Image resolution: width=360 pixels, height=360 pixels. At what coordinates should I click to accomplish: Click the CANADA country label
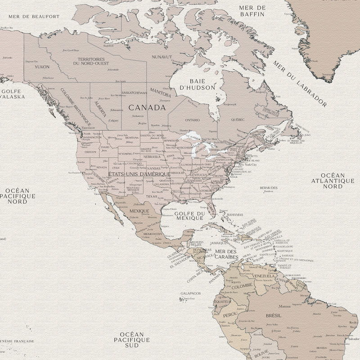click(147, 108)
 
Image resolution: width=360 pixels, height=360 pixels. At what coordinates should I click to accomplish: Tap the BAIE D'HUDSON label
click(197, 84)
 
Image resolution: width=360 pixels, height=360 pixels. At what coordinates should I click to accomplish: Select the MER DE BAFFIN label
click(252, 11)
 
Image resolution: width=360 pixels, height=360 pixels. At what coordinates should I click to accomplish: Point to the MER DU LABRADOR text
click(299, 83)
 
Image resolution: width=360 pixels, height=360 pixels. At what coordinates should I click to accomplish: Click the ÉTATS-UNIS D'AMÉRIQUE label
click(139, 174)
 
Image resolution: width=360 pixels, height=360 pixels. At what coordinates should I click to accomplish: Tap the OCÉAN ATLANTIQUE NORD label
click(333, 180)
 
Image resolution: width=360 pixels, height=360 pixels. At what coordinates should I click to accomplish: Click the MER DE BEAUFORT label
click(34, 16)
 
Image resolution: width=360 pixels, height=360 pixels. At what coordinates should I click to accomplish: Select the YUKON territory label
click(42, 67)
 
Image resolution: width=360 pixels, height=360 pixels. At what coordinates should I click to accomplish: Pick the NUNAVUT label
click(162, 57)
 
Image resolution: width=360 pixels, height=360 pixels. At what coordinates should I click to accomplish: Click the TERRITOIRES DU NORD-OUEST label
click(91, 61)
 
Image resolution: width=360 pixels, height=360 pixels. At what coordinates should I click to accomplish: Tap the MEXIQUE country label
click(139, 211)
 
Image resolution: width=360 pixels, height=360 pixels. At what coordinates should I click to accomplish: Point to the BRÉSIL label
click(273, 316)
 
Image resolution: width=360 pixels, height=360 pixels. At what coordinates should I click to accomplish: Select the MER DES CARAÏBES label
click(226, 255)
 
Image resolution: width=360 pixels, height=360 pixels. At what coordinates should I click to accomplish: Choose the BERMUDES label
click(269, 188)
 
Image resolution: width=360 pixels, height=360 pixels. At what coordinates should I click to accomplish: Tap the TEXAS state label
click(151, 196)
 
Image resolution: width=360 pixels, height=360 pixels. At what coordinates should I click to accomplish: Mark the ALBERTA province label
click(100, 108)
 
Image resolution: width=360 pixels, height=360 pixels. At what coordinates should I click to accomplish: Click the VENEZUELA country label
click(263, 276)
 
